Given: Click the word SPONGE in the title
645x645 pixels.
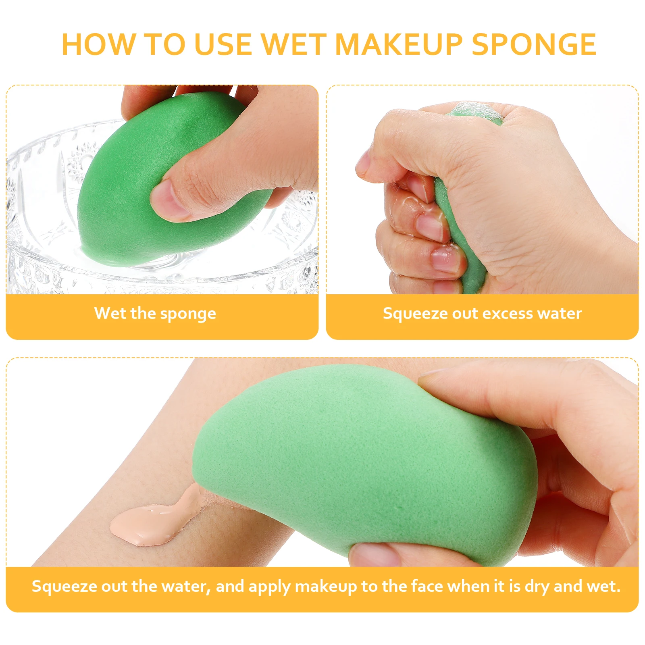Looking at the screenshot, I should coord(534,44).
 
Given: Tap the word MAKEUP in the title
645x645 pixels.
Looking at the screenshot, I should coord(399,44).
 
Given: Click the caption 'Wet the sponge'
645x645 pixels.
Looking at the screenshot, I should coord(155,314).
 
